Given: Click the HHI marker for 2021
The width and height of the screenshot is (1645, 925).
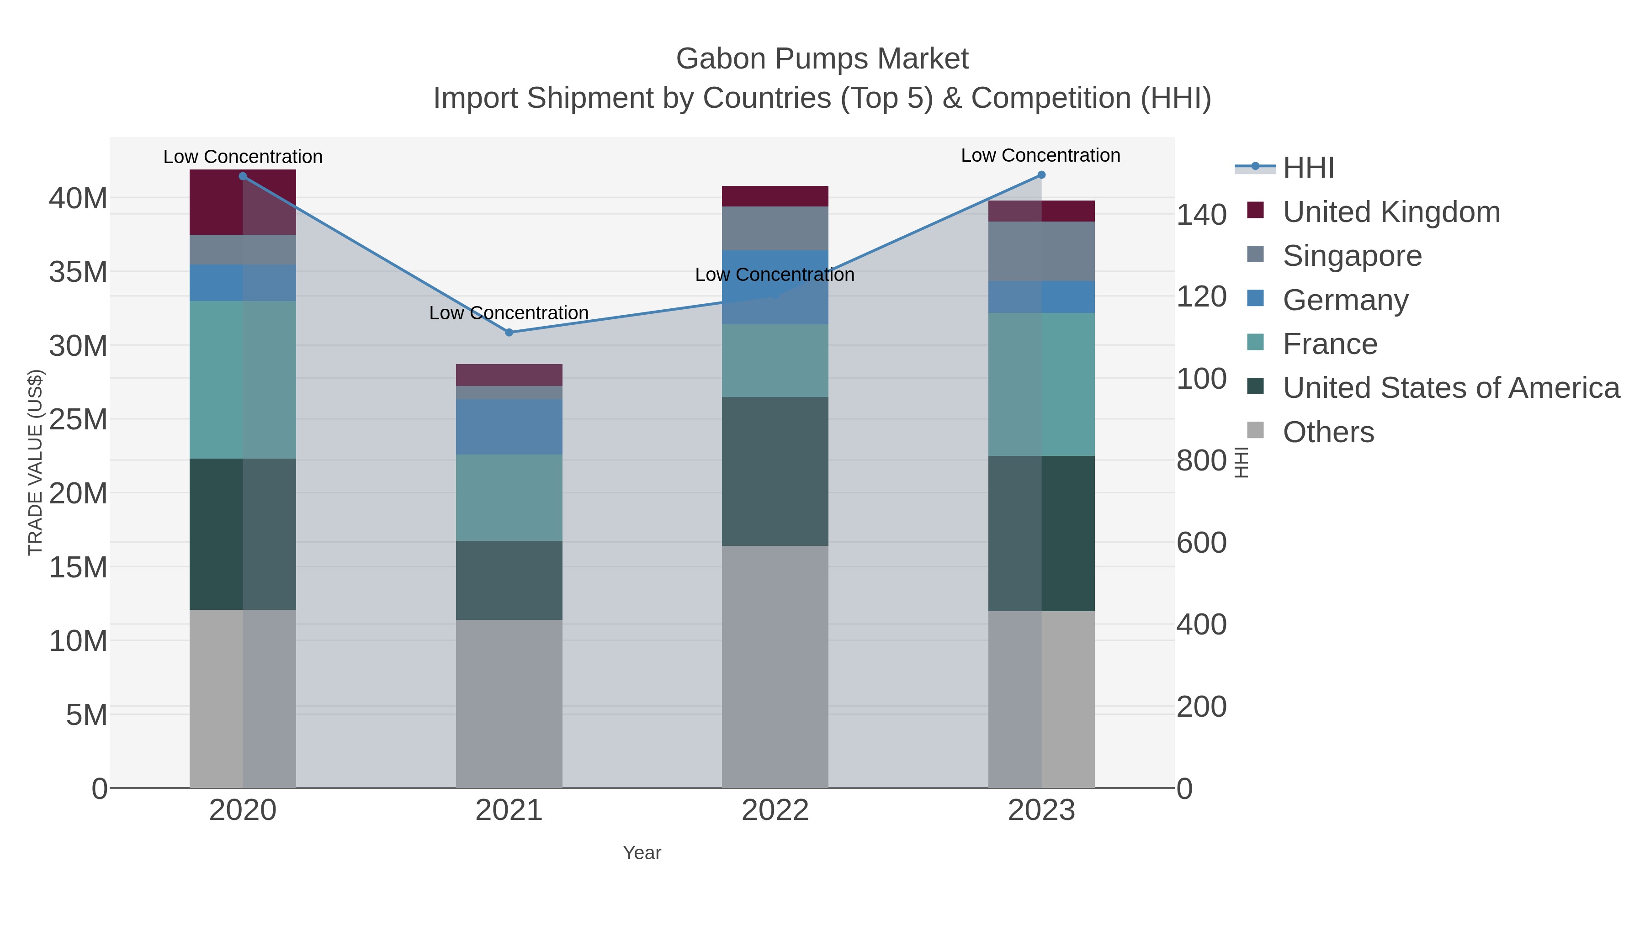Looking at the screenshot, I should (x=509, y=333).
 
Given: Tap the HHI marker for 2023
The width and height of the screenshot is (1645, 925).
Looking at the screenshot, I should (x=1041, y=175).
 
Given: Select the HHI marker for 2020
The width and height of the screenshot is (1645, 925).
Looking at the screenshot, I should (x=243, y=176).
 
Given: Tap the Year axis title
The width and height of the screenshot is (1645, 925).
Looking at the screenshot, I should (x=642, y=853).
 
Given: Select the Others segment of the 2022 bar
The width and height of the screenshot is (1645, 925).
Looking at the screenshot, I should (x=775, y=666).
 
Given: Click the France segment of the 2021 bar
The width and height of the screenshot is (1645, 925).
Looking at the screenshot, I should (x=509, y=497).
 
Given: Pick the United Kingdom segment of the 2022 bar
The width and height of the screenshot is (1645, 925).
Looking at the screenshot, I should (x=775, y=196).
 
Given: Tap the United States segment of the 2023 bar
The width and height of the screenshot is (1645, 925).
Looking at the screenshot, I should (x=1041, y=533).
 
